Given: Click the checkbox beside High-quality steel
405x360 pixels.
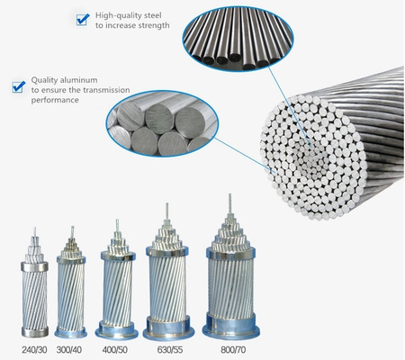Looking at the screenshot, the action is [83, 20].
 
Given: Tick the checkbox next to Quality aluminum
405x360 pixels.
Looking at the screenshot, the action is [18, 86].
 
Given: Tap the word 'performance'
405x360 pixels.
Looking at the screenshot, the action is [55, 100].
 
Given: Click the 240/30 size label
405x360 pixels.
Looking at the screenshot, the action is [34, 350].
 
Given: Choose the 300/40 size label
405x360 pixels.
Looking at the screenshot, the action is [69, 350].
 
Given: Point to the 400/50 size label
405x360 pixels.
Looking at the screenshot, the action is [115, 350].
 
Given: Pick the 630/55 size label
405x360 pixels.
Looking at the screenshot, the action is [170, 350].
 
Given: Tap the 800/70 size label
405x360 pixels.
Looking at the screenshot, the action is [233, 350].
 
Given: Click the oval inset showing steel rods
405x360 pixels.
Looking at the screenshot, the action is [238, 39].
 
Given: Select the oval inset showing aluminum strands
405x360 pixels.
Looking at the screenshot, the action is [162, 123].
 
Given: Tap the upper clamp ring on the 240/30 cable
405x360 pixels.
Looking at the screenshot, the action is [34, 266].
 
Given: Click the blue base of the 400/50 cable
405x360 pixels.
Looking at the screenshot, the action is [117, 329].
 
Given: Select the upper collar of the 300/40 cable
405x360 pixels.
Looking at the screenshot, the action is [71, 260].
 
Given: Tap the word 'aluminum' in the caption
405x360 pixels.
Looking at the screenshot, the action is [78, 80].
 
